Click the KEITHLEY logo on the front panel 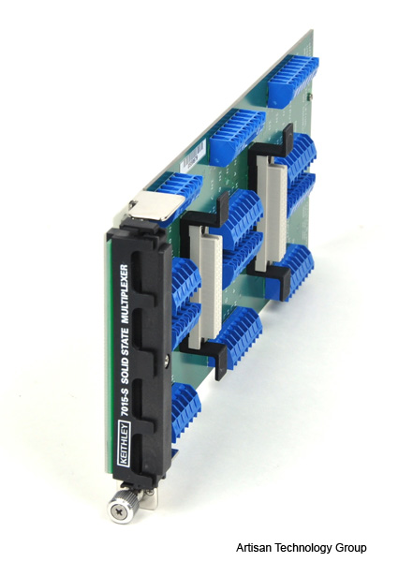coord(124,444)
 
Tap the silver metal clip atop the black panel coord(156,205)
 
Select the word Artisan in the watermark coord(253,548)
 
